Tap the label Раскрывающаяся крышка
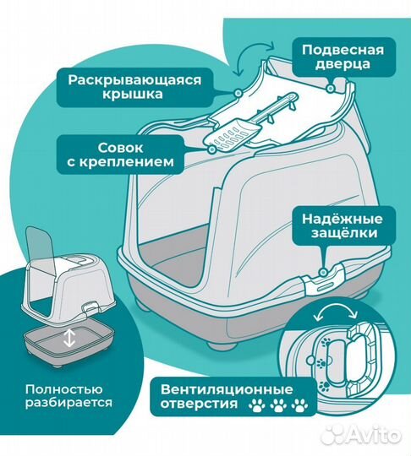129,88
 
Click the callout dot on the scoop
211,149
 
